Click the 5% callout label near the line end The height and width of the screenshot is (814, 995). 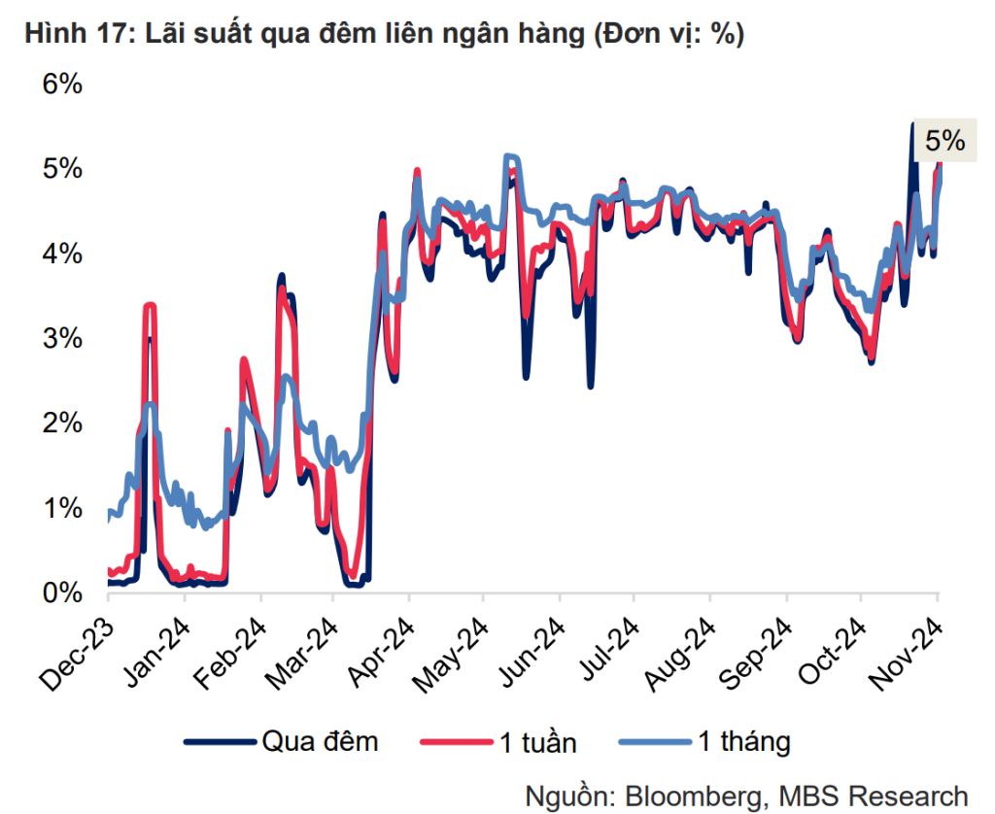(x=944, y=141)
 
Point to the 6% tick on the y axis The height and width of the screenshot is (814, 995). (x=61, y=85)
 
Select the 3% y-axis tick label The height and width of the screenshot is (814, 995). (x=61, y=339)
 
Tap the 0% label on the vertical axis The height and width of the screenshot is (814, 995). (x=61, y=593)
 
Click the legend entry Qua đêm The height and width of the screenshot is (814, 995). (x=320, y=743)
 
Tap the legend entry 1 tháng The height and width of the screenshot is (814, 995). (x=744, y=743)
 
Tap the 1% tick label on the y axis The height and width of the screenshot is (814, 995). (x=61, y=508)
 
